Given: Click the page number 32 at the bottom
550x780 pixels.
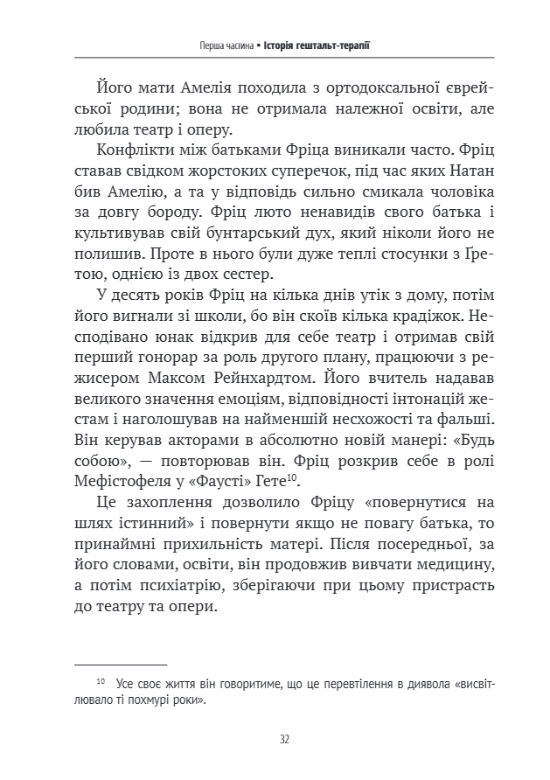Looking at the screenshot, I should click(285, 739).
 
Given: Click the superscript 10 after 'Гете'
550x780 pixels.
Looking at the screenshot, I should click(295, 475).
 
